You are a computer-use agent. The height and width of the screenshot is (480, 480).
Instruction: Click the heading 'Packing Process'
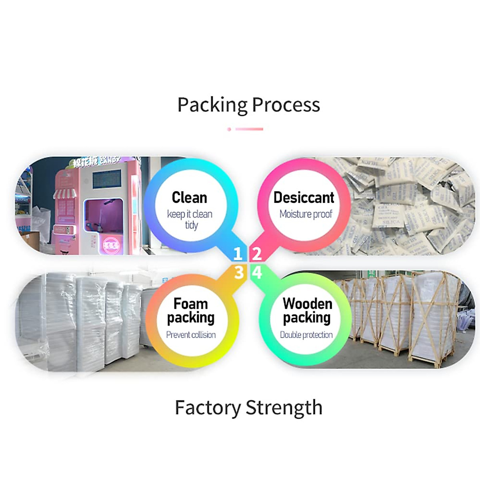248,105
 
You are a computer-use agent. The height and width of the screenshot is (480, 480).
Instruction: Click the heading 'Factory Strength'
248,408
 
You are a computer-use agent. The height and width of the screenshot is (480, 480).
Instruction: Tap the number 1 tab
238,254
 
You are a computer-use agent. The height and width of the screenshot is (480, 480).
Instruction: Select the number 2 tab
257,254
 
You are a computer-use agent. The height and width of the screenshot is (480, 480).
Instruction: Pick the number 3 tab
239,272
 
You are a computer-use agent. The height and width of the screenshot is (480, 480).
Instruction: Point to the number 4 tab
257,272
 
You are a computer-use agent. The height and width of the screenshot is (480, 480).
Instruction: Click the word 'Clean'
189,198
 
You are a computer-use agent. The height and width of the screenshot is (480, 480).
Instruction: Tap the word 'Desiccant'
304,198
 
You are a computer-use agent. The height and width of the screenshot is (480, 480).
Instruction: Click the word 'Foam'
190,304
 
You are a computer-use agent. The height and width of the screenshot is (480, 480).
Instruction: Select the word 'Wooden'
307,304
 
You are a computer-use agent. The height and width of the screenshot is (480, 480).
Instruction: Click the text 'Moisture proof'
306,214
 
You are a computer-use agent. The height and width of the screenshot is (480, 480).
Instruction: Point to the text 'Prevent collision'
191,335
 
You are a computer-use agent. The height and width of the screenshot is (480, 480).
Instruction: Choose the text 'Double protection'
306,335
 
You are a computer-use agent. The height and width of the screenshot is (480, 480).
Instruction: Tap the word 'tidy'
192,225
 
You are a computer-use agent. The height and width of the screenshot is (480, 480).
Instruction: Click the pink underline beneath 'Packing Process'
248,129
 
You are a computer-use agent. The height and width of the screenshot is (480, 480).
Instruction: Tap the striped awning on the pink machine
65,194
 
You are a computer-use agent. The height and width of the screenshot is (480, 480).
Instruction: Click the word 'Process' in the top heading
286,105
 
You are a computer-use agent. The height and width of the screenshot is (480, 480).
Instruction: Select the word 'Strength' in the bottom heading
284,408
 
